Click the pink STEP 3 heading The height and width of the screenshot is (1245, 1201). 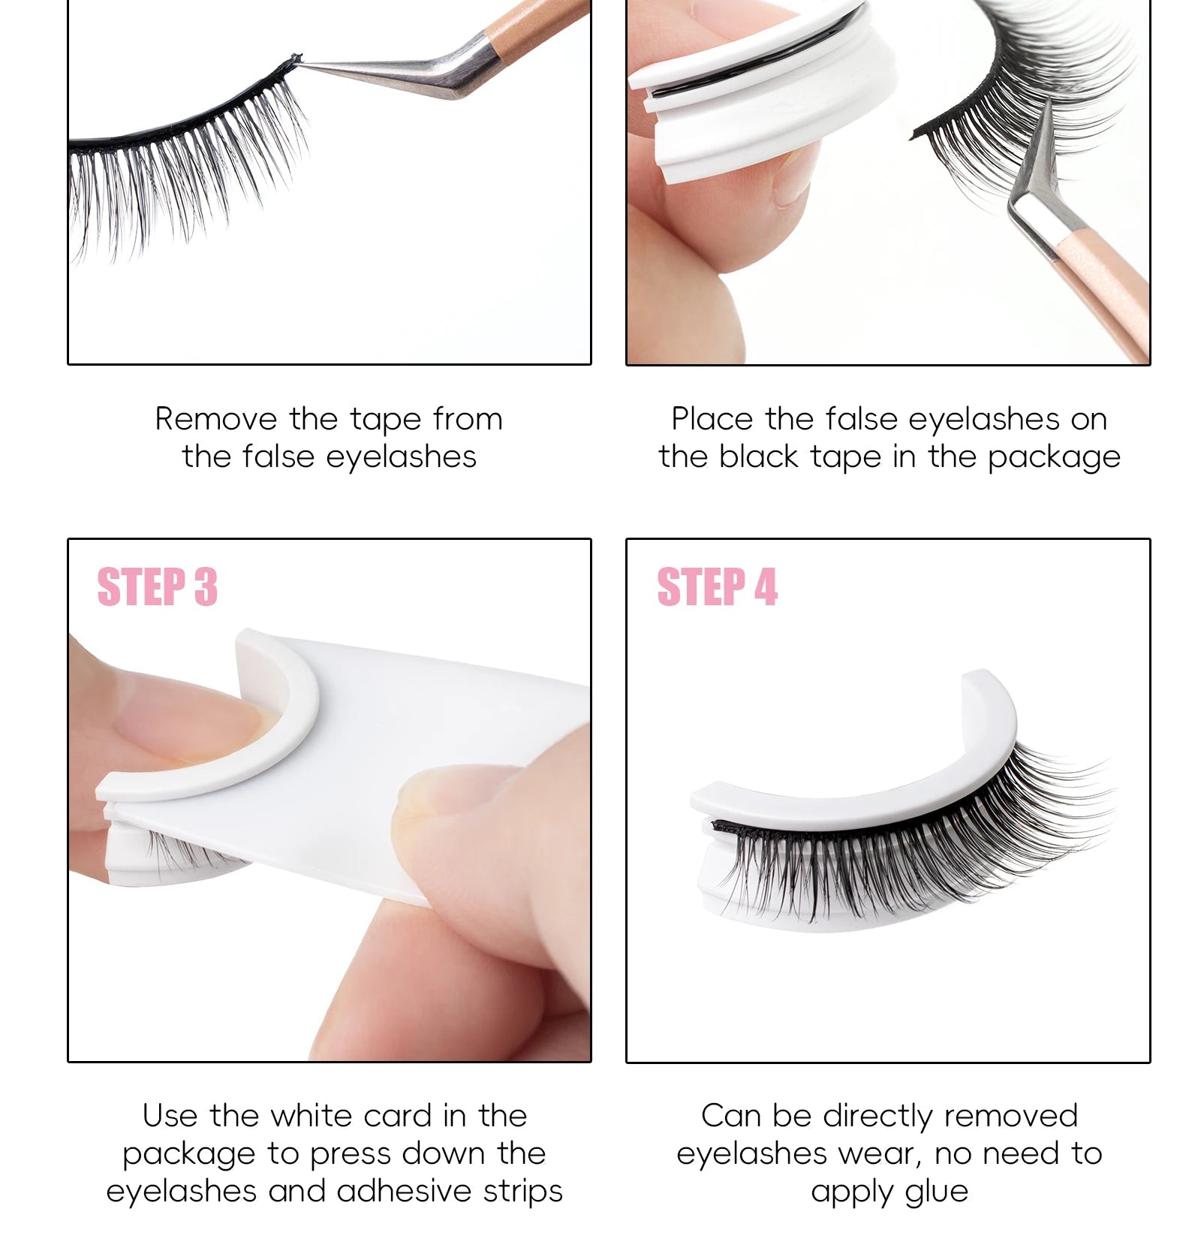click(158, 586)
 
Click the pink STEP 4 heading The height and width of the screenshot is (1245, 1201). click(717, 586)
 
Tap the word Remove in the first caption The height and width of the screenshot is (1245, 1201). click(216, 419)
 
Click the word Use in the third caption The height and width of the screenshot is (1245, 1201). click(170, 1116)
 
